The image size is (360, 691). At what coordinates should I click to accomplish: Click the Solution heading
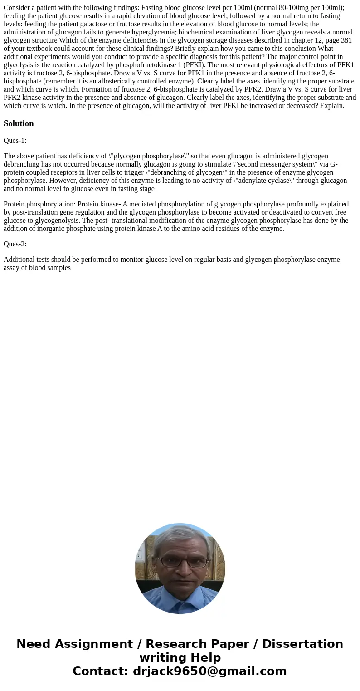coord(19,123)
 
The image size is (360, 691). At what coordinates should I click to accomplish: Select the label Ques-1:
coord(15,141)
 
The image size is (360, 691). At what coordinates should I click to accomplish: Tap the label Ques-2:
coord(15,244)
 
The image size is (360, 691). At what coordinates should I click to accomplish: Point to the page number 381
coord(346,40)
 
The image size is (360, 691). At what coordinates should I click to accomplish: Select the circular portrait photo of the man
coord(180,568)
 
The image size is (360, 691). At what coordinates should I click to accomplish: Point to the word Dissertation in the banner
coord(302,644)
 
